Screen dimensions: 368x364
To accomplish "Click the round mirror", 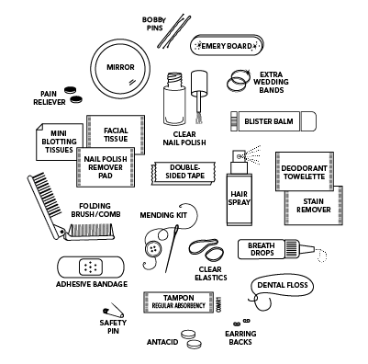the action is (120, 67).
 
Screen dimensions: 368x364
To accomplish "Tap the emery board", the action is (227, 45).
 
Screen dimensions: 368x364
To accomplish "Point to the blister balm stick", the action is (273, 121).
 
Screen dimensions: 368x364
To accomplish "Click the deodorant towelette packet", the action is (305, 172).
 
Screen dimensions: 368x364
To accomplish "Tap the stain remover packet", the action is (314, 206).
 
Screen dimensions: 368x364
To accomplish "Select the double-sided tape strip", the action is (184, 174).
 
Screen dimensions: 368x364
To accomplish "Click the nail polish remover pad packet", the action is (106, 167).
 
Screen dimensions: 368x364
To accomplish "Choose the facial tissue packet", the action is (116, 135).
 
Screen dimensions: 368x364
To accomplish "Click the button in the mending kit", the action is (153, 248).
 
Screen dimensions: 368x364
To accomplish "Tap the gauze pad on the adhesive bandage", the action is (91, 267).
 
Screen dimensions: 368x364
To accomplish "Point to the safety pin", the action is (114, 310).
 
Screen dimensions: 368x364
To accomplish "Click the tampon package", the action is (179, 302).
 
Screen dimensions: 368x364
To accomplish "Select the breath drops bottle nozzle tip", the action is (313, 248).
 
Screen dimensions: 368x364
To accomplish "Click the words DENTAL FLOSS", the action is (283, 285).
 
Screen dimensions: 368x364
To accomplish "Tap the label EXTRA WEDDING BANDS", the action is (271, 82).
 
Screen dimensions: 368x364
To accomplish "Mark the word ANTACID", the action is (162, 342).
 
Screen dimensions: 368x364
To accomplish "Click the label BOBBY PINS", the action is (154, 24).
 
